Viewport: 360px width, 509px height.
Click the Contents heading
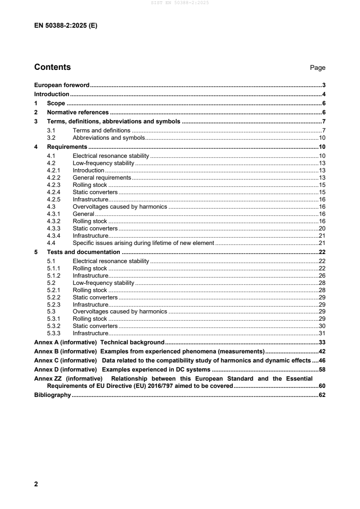click(x=53, y=67)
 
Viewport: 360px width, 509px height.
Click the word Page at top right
click(x=318, y=68)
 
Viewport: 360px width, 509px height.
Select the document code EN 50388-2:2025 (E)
click(x=66, y=26)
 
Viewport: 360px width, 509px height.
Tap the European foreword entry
click(x=62, y=85)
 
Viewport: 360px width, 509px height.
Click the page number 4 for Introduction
click(x=324, y=94)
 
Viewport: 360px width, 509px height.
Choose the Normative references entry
click(x=78, y=113)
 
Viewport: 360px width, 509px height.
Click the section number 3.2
click(x=51, y=137)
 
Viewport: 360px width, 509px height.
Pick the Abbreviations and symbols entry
click(x=108, y=137)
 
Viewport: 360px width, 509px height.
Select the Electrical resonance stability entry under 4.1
click(x=111, y=156)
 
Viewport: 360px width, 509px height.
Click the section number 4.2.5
click(x=54, y=199)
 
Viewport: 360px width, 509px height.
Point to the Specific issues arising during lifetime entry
click(x=143, y=243)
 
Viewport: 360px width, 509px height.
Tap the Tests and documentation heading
click(x=84, y=252)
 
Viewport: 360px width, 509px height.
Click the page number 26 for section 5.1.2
click(x=322, y=275)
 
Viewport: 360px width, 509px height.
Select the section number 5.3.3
click(x=54, y=333)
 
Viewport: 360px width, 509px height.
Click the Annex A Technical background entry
click(x=99, y=343)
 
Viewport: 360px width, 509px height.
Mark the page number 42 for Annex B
click(x=322, y=352)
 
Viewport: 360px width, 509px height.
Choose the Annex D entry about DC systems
click(x=122, y=370)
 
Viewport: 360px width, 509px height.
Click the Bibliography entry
click(x=52, y=395)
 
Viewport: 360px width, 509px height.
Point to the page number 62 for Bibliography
click(x=322, y=395)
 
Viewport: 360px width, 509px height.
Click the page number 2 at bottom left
click(x=36, y=484)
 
